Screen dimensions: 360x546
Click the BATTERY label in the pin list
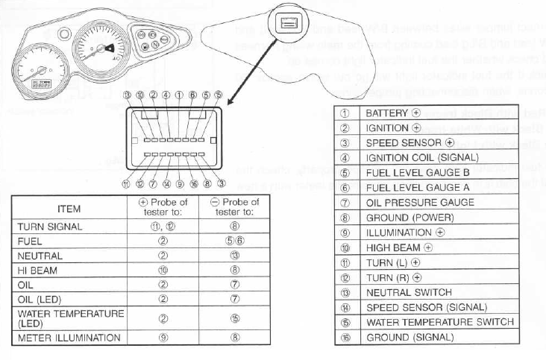point(386,113)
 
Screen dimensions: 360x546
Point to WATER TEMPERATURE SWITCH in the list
point(439,322)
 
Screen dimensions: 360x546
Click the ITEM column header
point(69,208)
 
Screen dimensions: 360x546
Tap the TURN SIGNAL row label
point(50,226)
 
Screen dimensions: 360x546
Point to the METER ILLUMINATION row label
point(69,338)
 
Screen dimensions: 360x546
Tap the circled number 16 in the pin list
point(345,337)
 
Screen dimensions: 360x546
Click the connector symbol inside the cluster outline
point(286,23)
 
